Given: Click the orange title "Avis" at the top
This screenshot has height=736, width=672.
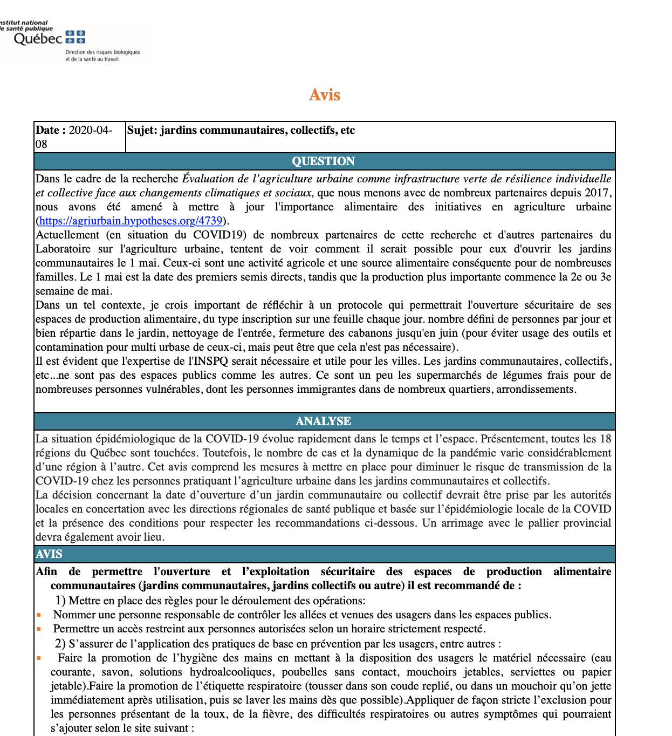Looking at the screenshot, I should pyautogui.click(x=324, y=95).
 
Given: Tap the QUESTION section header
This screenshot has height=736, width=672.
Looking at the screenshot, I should pyautogui.click(x=323, y=161).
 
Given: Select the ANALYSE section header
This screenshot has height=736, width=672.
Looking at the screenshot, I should pyautogui.click(x=323, y=421).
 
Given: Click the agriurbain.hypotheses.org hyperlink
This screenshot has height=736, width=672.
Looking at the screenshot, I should pyautogui.click(x=131, y=221).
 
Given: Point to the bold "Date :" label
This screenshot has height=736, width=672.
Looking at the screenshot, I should pyautogui.click(x=51, y=130).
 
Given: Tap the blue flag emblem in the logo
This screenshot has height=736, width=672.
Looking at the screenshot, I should pyautogui.click(x=76, y=37).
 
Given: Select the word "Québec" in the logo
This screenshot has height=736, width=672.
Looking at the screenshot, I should pyautogui.click(x=38, y=39).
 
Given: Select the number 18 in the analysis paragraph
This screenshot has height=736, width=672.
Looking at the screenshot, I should pyautogui.click(x=606, y=439).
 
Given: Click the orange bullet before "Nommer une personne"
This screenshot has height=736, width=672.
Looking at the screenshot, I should pyautogui.click(x=39, y=615).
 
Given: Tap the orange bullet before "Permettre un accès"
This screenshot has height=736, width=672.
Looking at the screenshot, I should pyautogui.click(x=39, y=629).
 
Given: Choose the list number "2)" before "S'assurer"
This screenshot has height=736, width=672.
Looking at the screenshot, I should pyautogui.click(x=60, y=644).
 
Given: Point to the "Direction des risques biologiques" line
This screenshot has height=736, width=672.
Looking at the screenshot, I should pyautogui.click(x=102, y=52).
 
